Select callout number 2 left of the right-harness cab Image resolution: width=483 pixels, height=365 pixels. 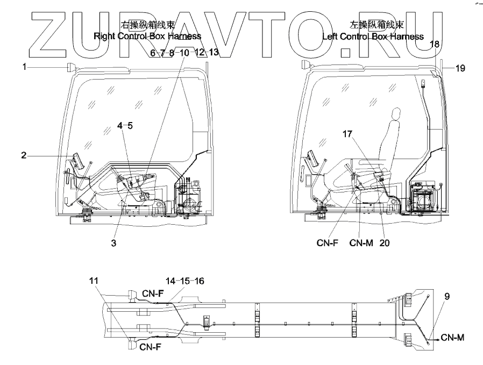click(x=24, y=156)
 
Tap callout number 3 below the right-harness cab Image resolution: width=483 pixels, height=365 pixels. click(x=113, y=243)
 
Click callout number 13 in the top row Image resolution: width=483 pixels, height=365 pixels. click(x=214, y=52)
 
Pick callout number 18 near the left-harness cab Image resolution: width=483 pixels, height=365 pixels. click(x=435, y=44)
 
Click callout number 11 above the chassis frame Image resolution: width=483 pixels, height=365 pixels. click(x=95, y=281)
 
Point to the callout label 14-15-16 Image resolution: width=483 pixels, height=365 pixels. click(x=184, y=281)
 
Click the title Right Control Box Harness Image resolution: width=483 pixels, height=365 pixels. click(x=147, y=37)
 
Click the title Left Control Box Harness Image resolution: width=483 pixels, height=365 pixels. click(x=373, y=37)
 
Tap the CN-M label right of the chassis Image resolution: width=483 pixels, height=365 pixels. click(x=452, y=338)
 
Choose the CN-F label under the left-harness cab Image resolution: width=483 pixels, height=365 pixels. click(x=328, y=243)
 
